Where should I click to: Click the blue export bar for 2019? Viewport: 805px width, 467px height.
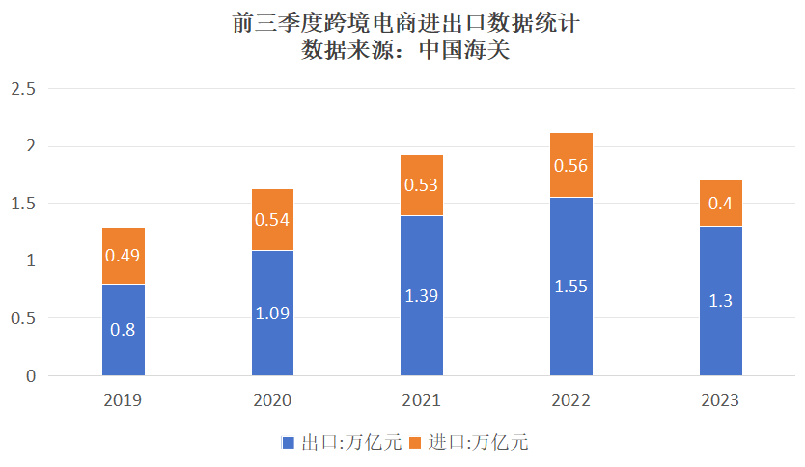[124, 330]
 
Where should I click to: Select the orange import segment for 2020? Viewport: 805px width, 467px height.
[273, 219]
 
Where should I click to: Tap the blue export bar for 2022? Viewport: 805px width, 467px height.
[571, 287]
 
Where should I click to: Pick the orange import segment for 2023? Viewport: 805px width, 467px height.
[720, 204]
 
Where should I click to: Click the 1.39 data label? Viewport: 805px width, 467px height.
[422, 296]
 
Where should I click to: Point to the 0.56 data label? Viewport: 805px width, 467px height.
[571, 165]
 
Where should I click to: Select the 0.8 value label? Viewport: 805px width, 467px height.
[124, 330]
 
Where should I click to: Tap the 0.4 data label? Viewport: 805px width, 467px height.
[720, 204]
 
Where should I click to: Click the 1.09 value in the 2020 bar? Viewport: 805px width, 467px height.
[273, 314]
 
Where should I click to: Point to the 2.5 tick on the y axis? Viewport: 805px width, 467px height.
[22, 90]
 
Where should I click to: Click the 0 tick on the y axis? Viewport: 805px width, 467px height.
[30, 376]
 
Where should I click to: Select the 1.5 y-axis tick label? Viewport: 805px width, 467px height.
[22, 205]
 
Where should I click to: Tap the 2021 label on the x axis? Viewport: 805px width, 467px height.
[422, 400]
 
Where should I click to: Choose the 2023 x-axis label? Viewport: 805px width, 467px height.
[720, 400]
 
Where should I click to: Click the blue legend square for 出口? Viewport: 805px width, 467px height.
[288, 443]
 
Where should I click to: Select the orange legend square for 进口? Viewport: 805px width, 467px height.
[416, 443]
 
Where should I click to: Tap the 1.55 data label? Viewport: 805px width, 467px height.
[571, 287]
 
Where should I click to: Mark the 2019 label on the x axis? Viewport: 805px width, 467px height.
[124, 400]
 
